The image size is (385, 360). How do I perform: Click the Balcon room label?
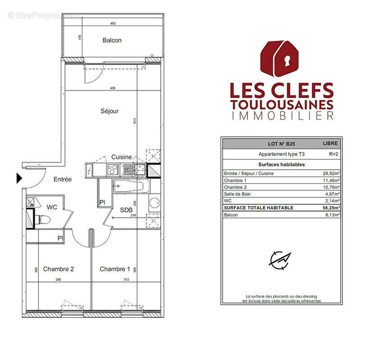coord(112,40)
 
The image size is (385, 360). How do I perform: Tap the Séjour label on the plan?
coord(109,111)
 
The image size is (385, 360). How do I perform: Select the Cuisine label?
coord(122,157)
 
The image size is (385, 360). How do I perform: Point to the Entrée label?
coord(63,179)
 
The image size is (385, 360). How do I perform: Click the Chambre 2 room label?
coord(58,269)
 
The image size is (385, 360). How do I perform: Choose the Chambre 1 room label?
coord(115,269)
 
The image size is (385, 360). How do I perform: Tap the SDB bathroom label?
coord(125,210)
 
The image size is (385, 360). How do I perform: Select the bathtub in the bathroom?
coord(130,186)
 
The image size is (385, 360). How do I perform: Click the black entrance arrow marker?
coord(19,178)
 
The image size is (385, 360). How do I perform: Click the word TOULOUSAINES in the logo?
coord(282,104)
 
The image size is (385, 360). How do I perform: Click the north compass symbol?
coord(280,259)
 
